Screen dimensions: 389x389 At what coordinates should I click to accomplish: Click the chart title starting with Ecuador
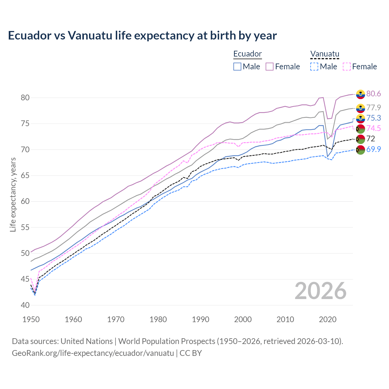coord(142,36)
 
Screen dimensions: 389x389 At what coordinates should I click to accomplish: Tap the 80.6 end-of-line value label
coord(374,94)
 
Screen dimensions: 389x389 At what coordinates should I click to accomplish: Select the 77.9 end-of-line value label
coord(374,108)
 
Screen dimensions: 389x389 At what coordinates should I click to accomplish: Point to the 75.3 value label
coord(374,118)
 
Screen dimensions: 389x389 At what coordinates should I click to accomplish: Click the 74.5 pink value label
coord(374,128)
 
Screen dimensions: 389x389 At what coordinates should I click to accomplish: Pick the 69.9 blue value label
coord(374,149)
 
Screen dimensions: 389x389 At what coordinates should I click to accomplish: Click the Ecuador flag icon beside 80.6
coord(360,94)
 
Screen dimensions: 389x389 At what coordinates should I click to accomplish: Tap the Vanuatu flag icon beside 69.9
coord(360,150)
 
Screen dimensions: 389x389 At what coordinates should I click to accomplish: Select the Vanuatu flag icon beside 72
coord(360,139)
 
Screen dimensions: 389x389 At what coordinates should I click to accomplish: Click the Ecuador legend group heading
coord(247,54)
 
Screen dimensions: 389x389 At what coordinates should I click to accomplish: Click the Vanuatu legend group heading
coord(325,54)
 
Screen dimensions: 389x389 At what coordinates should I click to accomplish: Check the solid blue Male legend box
coord(237,67)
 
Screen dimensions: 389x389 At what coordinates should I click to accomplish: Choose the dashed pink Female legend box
coord(347,67)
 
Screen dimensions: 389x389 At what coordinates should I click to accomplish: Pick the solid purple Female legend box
coord(270,67)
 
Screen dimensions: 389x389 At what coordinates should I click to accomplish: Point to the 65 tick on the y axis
coord(25,175)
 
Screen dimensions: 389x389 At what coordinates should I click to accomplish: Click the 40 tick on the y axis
coord(25,305)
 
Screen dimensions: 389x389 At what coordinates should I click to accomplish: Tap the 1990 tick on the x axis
coord(201,319)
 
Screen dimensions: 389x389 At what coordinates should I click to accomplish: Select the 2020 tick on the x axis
coord(328,319)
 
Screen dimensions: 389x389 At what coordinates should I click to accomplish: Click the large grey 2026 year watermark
coord(320,291)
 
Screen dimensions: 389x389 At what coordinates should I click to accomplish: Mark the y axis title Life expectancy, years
coord(13,194)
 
